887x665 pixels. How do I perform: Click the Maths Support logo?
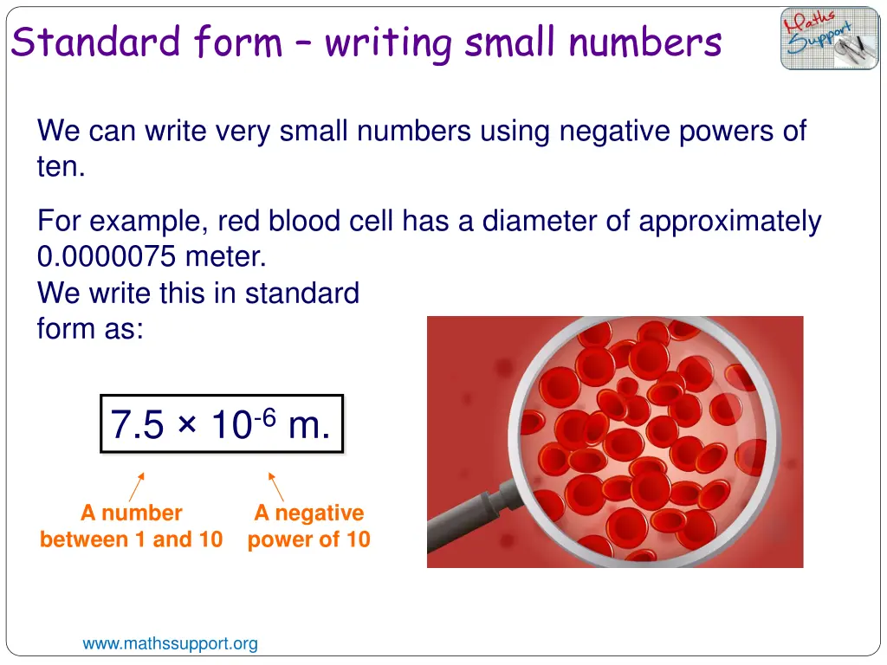click(829, 38)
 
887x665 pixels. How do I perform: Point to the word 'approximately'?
click(729, 222)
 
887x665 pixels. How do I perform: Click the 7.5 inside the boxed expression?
click(137, 425)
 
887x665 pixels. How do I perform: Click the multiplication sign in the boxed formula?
click(188, 426)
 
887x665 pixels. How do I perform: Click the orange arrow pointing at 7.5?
click(137, 487)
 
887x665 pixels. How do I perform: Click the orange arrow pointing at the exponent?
click(275, 487)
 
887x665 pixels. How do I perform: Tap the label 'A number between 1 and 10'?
click(131, 526)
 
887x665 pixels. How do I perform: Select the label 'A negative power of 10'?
click(308, 526)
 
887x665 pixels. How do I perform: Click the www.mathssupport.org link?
click(170, 643)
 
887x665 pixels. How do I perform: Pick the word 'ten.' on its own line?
click(61, 166)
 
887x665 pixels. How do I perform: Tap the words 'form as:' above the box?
click(89, 329)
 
